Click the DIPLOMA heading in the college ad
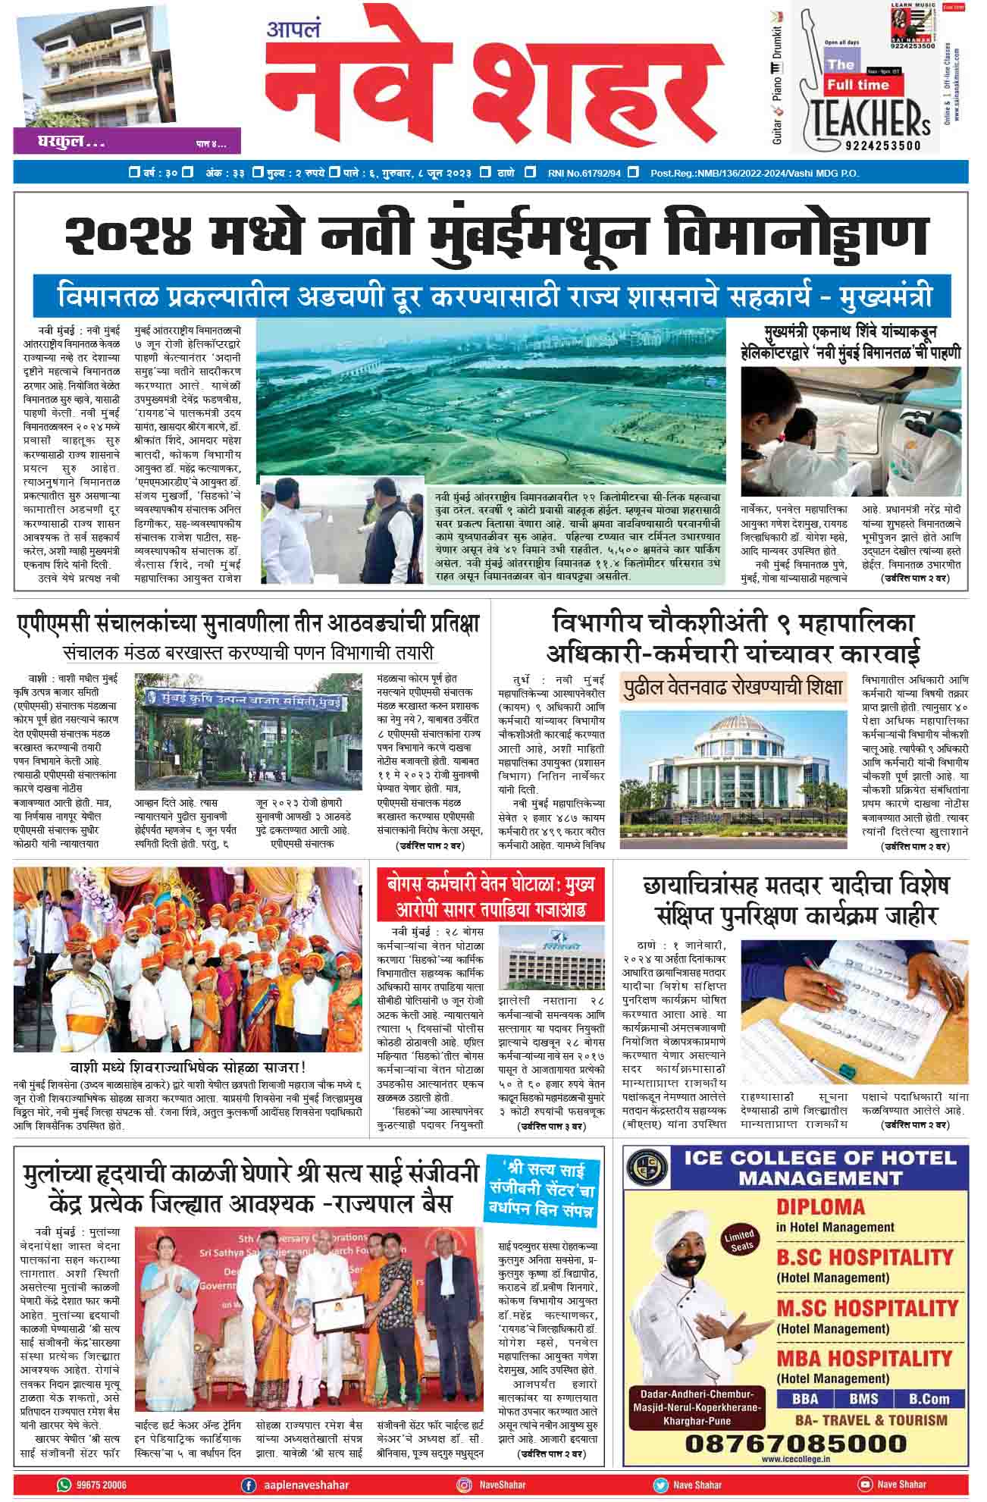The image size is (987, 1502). pos(820,1206)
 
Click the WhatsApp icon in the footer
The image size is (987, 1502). pos(63,1484)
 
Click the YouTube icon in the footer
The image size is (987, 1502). pos(864,1484)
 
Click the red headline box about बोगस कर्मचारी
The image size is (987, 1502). pos(490,895)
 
